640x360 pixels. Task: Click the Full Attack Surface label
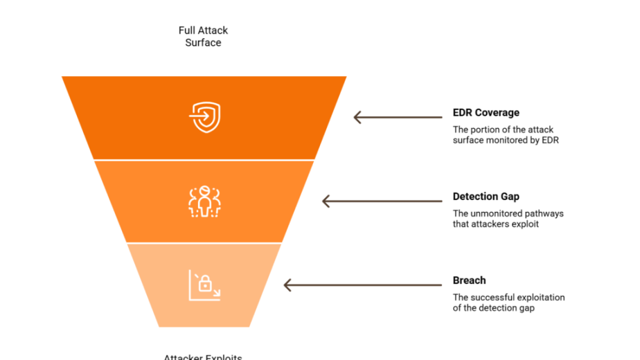click(x=203, y=37)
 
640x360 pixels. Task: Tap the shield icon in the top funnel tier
click(x=204, y=117)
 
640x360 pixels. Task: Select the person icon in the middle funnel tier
click(x=204, y=201)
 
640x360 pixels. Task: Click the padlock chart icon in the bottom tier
click(x=204, y=285)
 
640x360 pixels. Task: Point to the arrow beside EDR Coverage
click(x=398, y=117)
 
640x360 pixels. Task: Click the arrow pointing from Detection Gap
click(x=382, y=201)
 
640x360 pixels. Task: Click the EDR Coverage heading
click(x=486, y=113)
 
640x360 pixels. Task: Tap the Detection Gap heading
click(x=486, y=197)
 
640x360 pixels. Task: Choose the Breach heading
click(x=469, y=280)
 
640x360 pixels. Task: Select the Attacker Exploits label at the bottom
click(x=203, y=357)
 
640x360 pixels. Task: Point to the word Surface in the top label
click(x=203, y=43)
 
